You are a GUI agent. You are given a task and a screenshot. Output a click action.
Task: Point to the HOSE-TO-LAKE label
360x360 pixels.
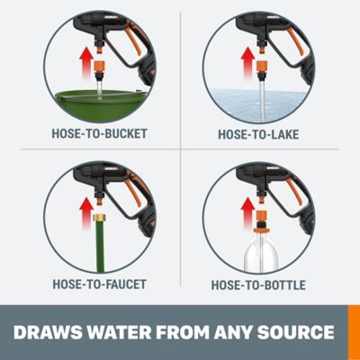(258, 136)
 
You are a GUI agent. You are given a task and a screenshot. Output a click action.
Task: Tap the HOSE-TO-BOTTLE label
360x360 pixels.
(258, 285)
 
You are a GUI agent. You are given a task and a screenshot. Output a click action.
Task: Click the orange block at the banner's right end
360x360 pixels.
(353, 332)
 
